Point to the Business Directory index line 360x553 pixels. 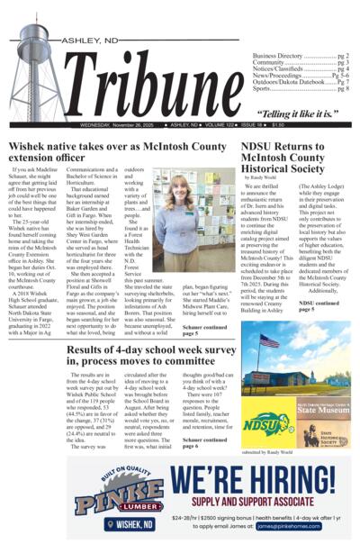point(301,56)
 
